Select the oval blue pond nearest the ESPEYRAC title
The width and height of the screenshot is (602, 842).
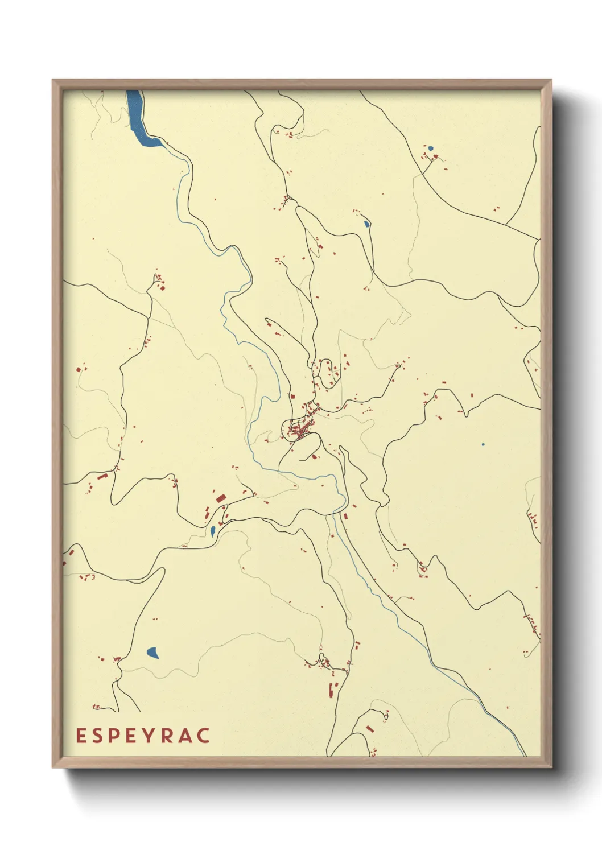click(x=152, y=653)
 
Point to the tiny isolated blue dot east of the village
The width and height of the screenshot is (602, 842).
click(x=483, y=444)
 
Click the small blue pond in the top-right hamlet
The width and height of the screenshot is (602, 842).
click(x=431, y=148)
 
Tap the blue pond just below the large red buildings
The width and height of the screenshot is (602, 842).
click(x=212, y=531)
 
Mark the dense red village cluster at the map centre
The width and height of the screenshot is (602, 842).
click(x=300, y=431)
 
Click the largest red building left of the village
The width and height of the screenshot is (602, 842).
click(x=221, y=498)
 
